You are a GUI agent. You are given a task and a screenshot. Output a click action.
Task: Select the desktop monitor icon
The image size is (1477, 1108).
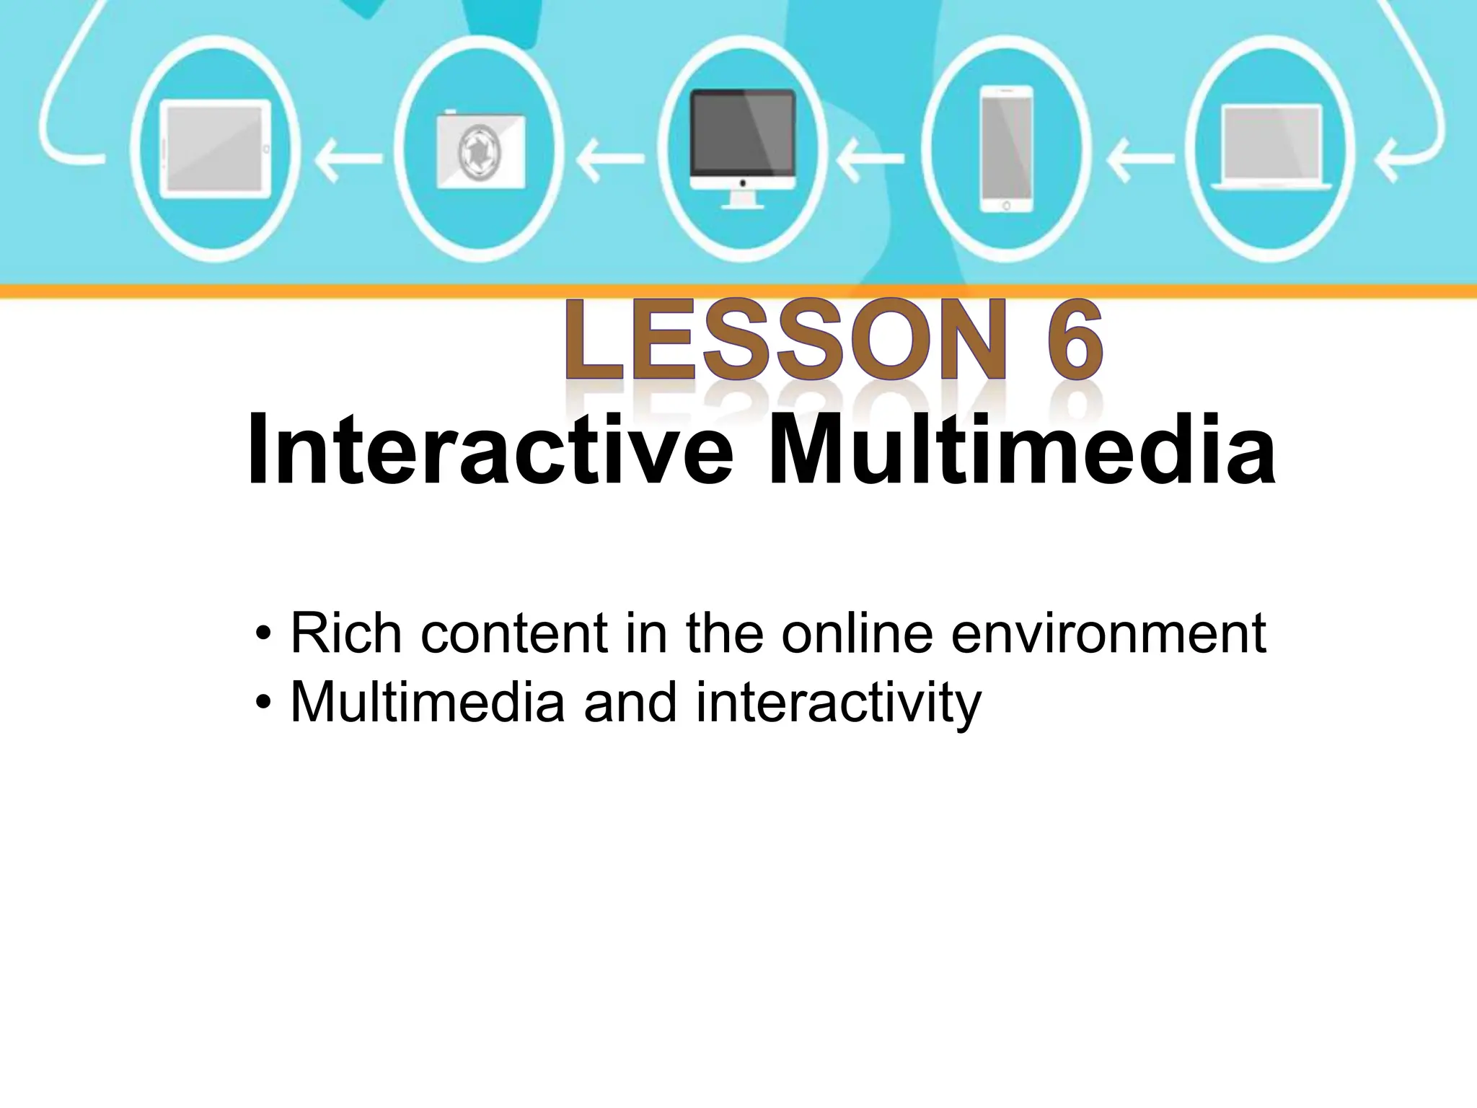click(742, 148)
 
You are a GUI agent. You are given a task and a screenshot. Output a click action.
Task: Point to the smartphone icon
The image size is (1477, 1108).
click(1006, 149)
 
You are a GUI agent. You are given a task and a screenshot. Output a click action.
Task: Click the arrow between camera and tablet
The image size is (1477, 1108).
click(349, 159)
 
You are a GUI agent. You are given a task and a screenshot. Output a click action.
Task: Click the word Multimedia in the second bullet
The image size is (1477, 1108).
click(427, 701)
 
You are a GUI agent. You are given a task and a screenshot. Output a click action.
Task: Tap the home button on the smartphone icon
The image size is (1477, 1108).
click(1006, 206)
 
